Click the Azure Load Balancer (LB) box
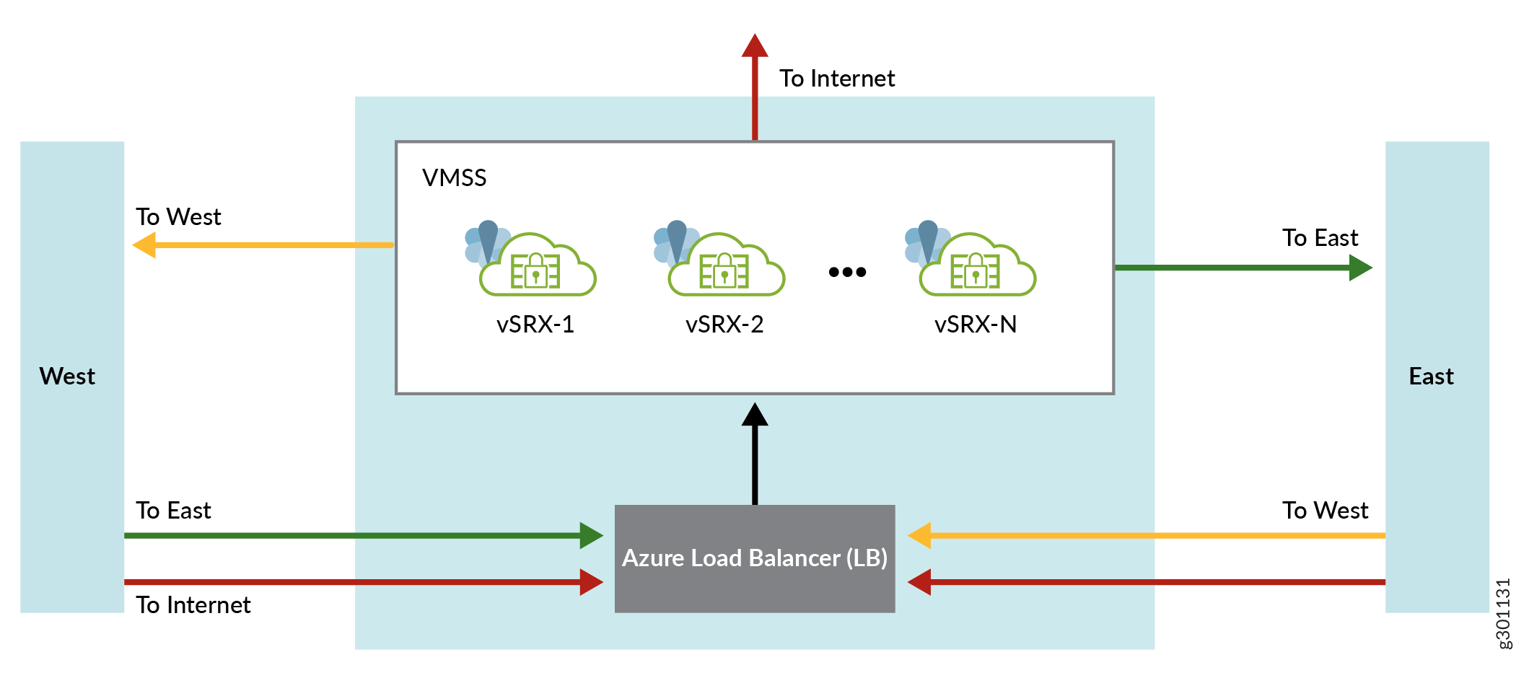[x=754, y=558]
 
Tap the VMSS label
[x=454, y=177]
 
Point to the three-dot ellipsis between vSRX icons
[x=847, y=272]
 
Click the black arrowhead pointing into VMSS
[x=755, y=415]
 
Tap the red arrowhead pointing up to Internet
[x=755, y=45]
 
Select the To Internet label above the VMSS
[x=836, y=78]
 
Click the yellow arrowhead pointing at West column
[x=145, y=245]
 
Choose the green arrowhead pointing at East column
[x=1360, y=268]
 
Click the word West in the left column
[x=67, y=377]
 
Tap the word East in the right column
[x=1431, y=377]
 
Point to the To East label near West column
[x=173, y=511]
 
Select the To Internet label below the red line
[x=193, y=604]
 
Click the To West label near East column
[x=1325, y=511]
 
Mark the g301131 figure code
[x=1503, y=613]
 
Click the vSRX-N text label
[x=976, y=325]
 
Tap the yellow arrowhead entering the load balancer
[x=920, y=535]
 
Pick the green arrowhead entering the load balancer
[x=591, y=535]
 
